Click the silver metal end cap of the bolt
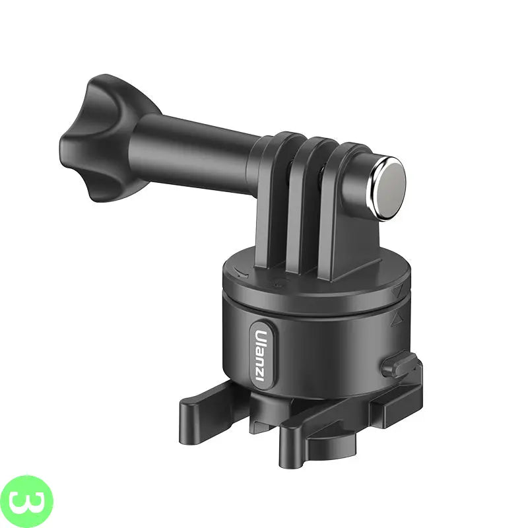point(387,189)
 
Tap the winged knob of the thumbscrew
point(101,138)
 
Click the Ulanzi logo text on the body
point(261,356)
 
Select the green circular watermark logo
point(26,502)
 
